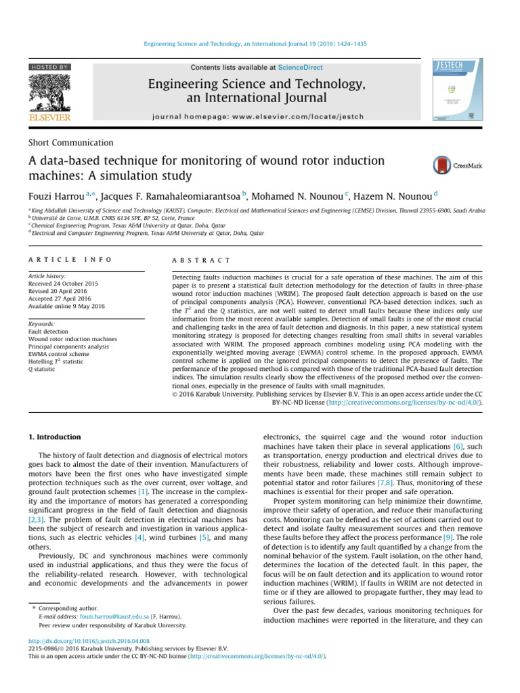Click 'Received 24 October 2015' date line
[x=62, y=284]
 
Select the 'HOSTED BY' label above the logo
[x=49, y=68]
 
